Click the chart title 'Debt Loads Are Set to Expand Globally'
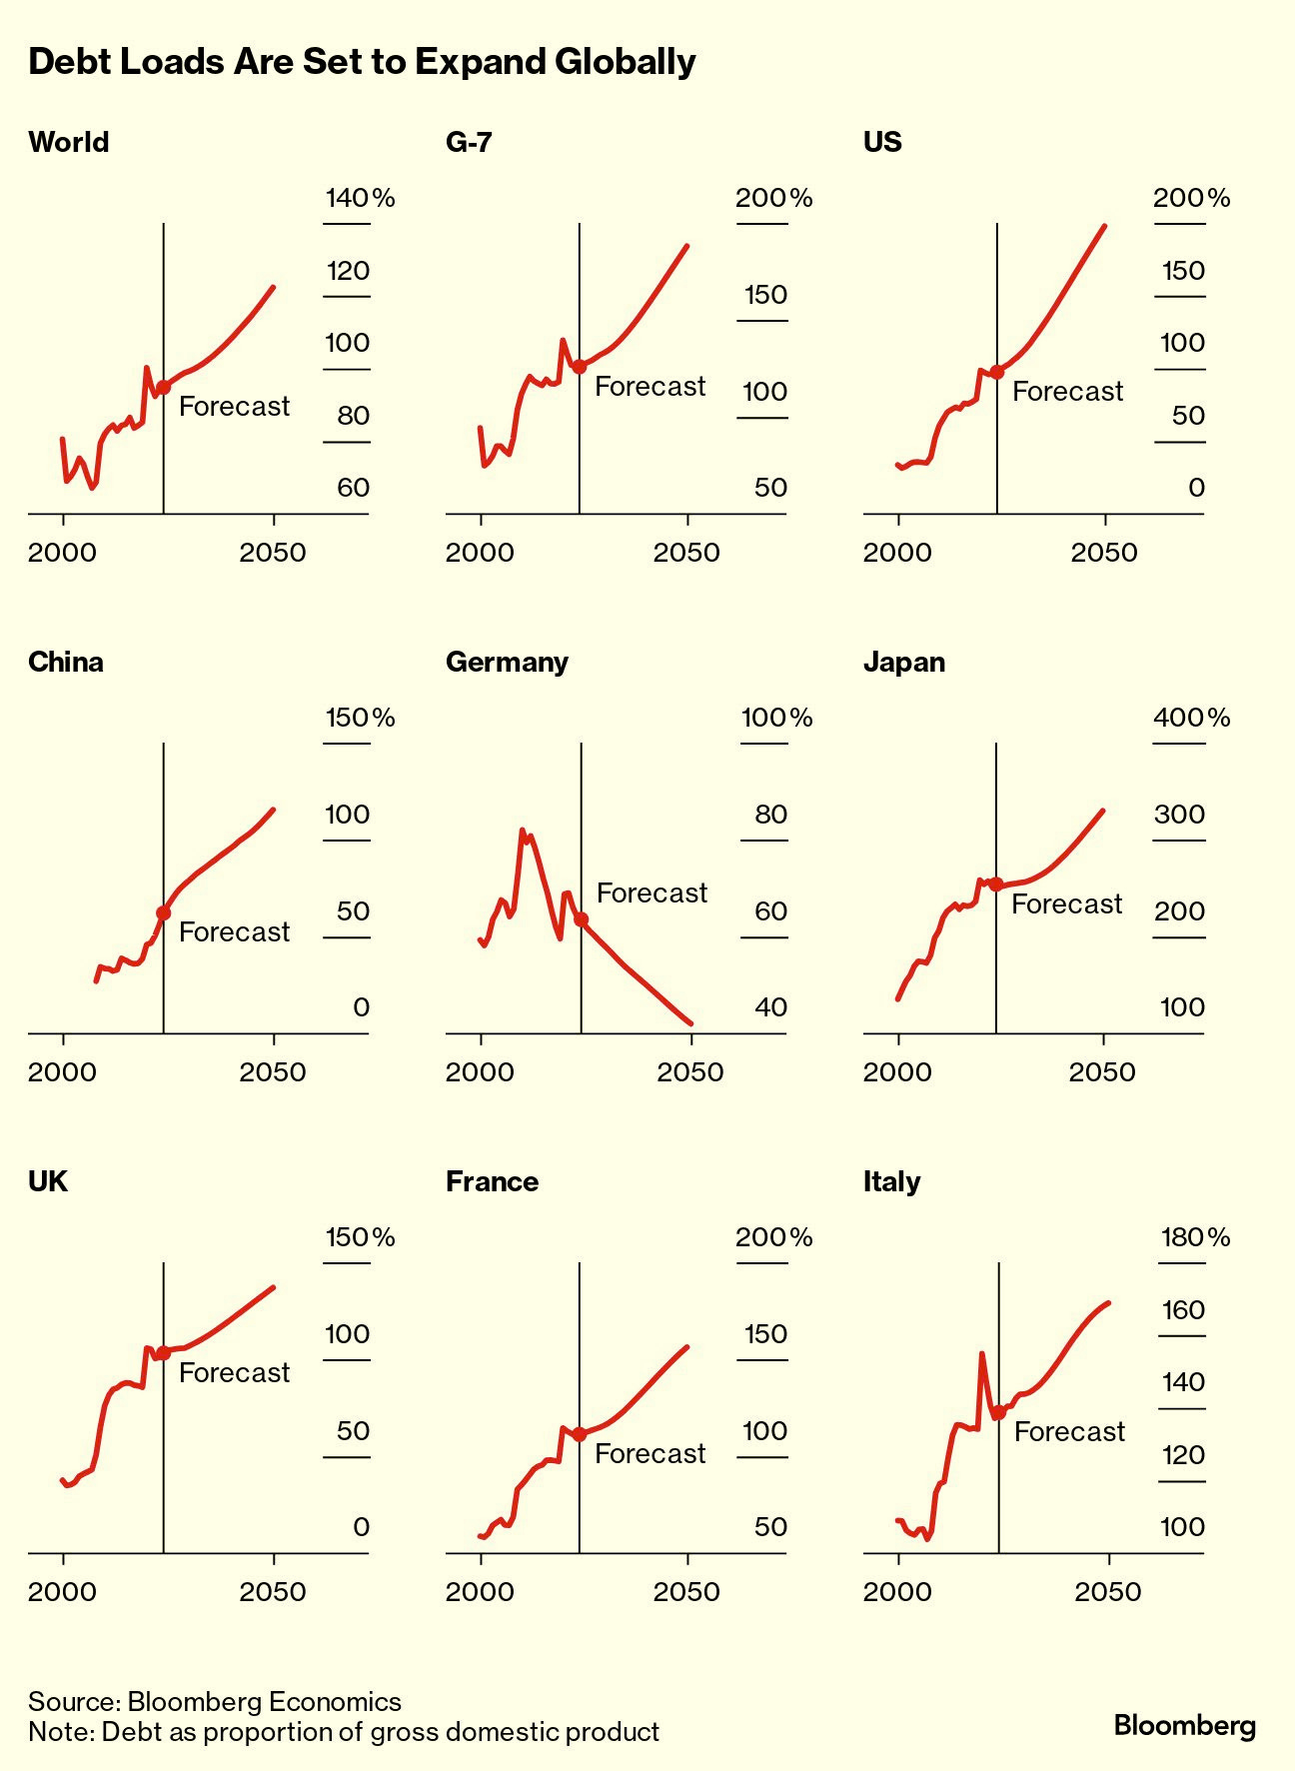tap(362, 62)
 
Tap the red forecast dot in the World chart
tap(163, 387)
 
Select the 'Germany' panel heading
tap(507, 662)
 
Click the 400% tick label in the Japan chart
tap(1191, 718)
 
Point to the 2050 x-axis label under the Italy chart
tap(1107, 1591)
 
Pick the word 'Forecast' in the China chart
tap(234, 931)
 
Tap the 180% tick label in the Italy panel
tap(1195, 1237)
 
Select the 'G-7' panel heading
tap(469, 142)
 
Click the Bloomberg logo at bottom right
tap(1184, 1725)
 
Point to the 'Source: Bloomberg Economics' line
tap(215, 1701)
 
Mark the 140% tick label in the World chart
tap(360, 198)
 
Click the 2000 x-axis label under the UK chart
tap(62, 1591)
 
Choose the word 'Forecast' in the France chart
tap(649, 1453)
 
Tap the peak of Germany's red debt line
tap(522, 830)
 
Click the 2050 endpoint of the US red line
tap(1105, 226)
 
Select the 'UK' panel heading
tap(48, 1181)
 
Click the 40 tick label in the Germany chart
tap(771, 1007)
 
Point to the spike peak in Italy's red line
tap(981, 1353)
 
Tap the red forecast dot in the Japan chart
tap(995, 885)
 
